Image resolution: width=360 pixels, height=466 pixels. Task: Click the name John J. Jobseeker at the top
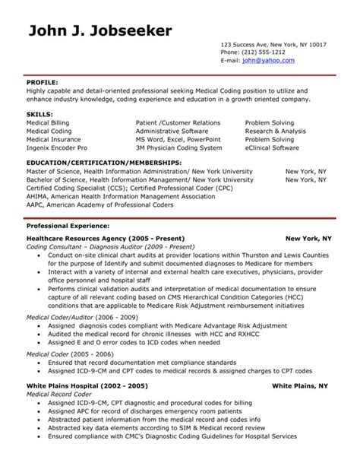pos(99,30)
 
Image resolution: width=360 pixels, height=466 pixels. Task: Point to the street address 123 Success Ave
pos(239,45)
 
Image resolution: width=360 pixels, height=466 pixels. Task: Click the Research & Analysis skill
pos(274,130)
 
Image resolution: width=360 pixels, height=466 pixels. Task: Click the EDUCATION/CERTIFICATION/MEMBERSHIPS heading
pos(104,163)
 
